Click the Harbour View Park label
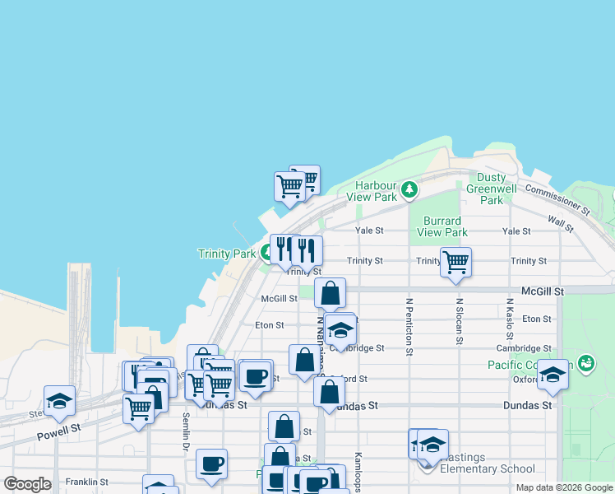click(376, 191)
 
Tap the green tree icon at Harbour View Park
click(409, 191)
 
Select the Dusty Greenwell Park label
click(491, 189)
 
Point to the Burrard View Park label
click(442, 226)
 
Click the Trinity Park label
click(227, 254)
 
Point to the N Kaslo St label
click(509, 323)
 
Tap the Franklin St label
click(87, 482)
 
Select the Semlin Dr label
click(186, 431)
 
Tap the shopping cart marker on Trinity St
click(455, 263)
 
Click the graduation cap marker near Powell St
click(59, 401)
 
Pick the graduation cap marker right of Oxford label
click(553, 375)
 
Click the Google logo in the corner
click(27, 484)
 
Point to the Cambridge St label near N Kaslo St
click(524, 348)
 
